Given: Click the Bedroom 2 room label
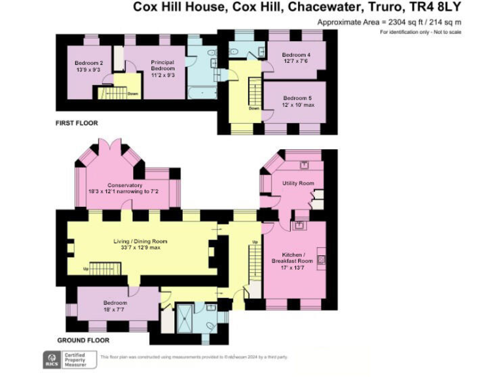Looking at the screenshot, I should click(x=87, y=66).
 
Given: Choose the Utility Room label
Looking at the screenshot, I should click(x=298, y=183).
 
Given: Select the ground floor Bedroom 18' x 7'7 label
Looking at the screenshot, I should click(x=115, y=306).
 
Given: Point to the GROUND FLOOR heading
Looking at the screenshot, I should click(x=83, y=340).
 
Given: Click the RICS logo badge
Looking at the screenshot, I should click(x=50, y=359).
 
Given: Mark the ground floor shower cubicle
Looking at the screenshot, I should click(x=187, y=317).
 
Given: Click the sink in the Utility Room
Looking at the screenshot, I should click(x=305, y=165).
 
